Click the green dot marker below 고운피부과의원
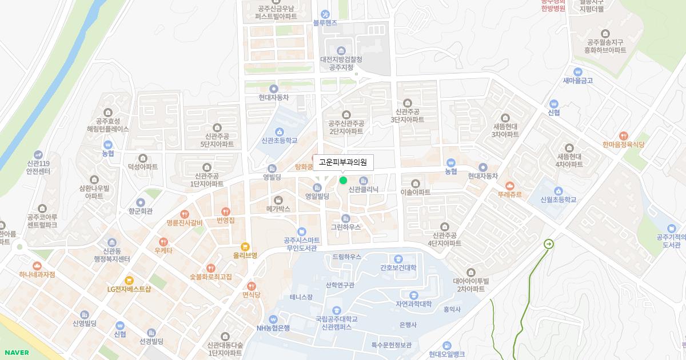343,181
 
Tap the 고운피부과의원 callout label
343,162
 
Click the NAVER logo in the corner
15,353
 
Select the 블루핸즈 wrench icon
325,14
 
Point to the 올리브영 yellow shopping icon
245,247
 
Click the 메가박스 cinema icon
278,200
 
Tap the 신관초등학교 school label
280,140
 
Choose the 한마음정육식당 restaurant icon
623,137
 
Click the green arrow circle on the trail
549,244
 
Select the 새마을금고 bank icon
577,72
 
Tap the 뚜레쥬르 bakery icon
510,186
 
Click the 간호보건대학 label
398,267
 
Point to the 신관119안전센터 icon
38,154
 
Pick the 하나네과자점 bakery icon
37,266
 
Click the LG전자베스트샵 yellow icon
129,280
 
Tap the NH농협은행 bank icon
273,319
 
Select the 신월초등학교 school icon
558,191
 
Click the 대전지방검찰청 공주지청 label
341,63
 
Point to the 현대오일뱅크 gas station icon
446,345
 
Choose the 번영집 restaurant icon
225,211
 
